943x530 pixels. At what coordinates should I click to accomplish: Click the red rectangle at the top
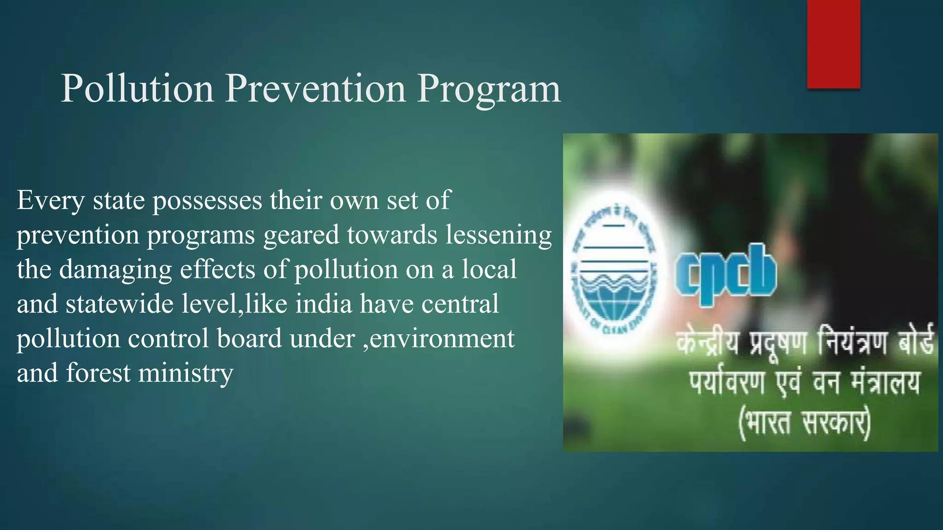833,44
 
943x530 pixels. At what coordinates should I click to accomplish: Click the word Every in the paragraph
51,201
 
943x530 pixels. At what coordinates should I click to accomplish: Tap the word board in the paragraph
249,338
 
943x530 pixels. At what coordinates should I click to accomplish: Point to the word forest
98,373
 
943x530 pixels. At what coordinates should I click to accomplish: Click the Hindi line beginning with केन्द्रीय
804,343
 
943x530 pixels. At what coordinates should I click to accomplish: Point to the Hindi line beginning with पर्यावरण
804,383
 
